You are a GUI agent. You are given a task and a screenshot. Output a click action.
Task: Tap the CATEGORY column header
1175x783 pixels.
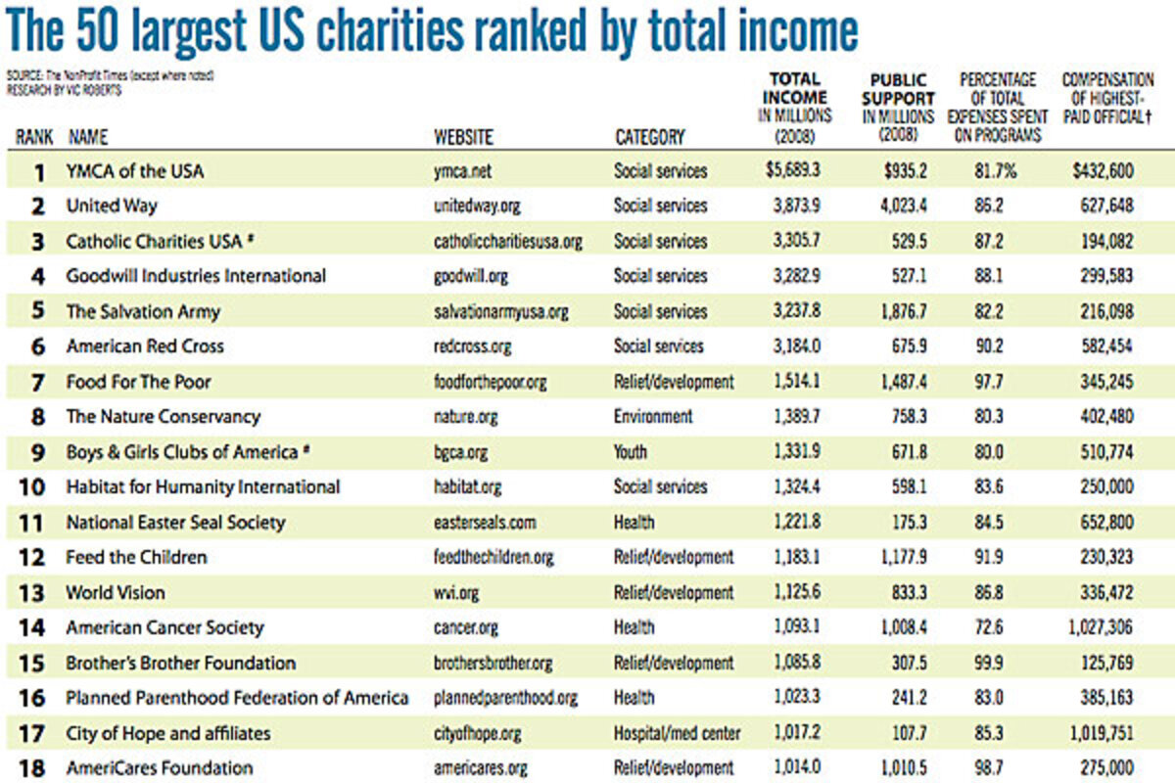pyautogui.click(x=649, y=137)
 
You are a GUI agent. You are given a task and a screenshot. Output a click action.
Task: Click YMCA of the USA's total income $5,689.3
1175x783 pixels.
pyautogui.click(x=793, y=170)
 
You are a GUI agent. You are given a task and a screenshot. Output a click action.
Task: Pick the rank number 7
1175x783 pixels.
pyautogui.click(x=39, y=382)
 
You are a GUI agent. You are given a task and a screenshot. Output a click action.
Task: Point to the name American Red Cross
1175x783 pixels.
pyautogui.click(x=145, y=346)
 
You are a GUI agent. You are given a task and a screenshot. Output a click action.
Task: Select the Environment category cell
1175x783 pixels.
pyautogui.click(x=652, y=417)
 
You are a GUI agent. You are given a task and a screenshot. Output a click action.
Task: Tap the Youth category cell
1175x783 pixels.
pyautogui.click(x=632, y=452)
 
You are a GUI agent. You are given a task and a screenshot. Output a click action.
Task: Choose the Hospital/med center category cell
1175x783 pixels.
pyautogui.click(x=677, y=733)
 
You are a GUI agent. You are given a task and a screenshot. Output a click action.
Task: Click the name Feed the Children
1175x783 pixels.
pyautogui.click(x=136, y=557)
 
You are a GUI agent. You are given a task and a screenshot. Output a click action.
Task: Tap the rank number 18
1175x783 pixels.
pyautogui.click(x=33, y=768)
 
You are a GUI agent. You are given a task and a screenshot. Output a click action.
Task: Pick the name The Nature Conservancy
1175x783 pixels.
pyautogui.click(x=163, y=417)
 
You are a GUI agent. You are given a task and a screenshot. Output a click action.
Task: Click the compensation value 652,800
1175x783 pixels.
pyautogui.click(x=1104, y=522)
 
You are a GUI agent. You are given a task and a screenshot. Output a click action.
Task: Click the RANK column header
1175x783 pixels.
pyautogui.click(x=34, y=137)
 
